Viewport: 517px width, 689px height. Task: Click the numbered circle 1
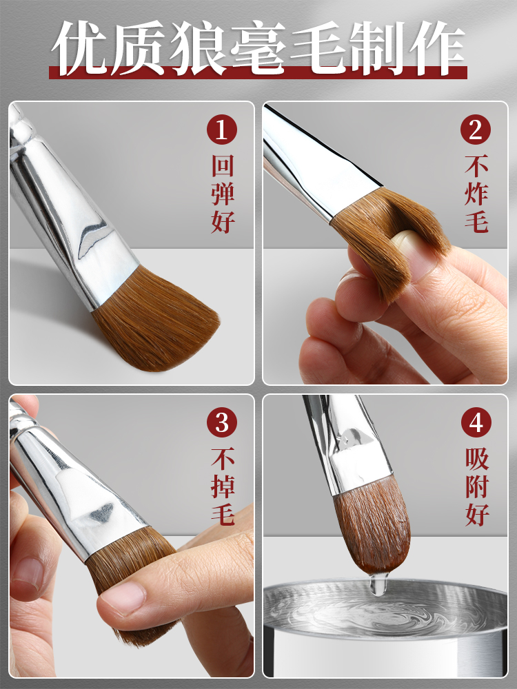(222, 130)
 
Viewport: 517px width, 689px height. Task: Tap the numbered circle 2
(476, 130)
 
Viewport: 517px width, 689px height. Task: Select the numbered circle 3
(222, 423)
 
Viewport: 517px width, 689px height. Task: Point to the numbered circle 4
(476, 423)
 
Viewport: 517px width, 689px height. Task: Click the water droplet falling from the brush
(378, 584)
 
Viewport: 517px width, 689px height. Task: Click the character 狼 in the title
(199, 48)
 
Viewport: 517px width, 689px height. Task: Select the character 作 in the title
(437, 48)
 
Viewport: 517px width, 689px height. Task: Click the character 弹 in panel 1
(223, 193)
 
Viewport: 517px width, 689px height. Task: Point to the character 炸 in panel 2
(476, 193)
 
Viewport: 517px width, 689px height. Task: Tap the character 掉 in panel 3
(223, 486)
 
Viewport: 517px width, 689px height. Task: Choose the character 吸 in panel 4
(476, 459)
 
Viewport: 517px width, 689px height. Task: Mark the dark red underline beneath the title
(258, 73)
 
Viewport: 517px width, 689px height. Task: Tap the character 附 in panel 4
(476, 486)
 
